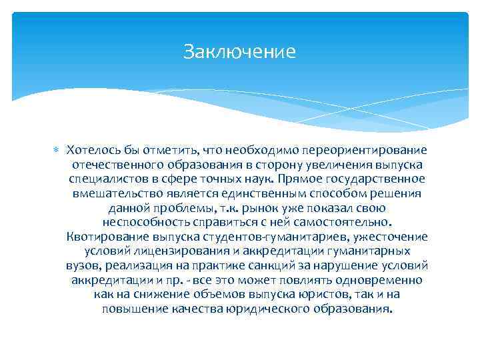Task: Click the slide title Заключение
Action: pyautogui.click(x=239, y=52)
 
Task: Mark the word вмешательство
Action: pyautogui.click(x=114, y=193)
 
